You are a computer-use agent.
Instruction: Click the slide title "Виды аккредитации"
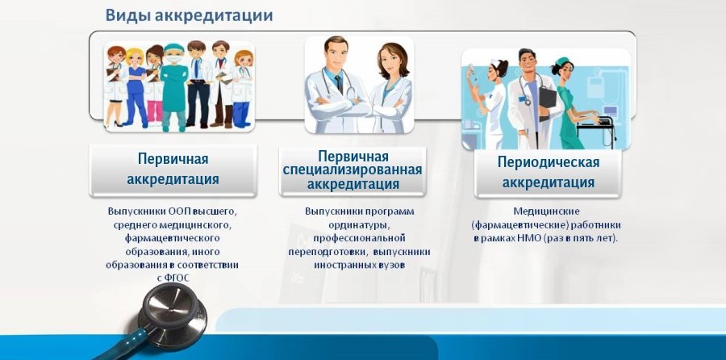coord(189,15)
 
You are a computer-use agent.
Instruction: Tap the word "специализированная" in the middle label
coord(353,170)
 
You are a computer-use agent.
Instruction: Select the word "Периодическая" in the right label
coord(549,162)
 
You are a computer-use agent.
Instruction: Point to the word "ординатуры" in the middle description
coord(359,225)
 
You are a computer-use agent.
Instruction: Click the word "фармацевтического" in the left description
coord(173,238)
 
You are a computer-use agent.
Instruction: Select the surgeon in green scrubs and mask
coord(174,86)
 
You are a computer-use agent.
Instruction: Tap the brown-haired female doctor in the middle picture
coord(392,88)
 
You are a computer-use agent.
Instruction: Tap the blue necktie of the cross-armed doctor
coord(340,84)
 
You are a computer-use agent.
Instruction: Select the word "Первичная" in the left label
coord(173,159)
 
